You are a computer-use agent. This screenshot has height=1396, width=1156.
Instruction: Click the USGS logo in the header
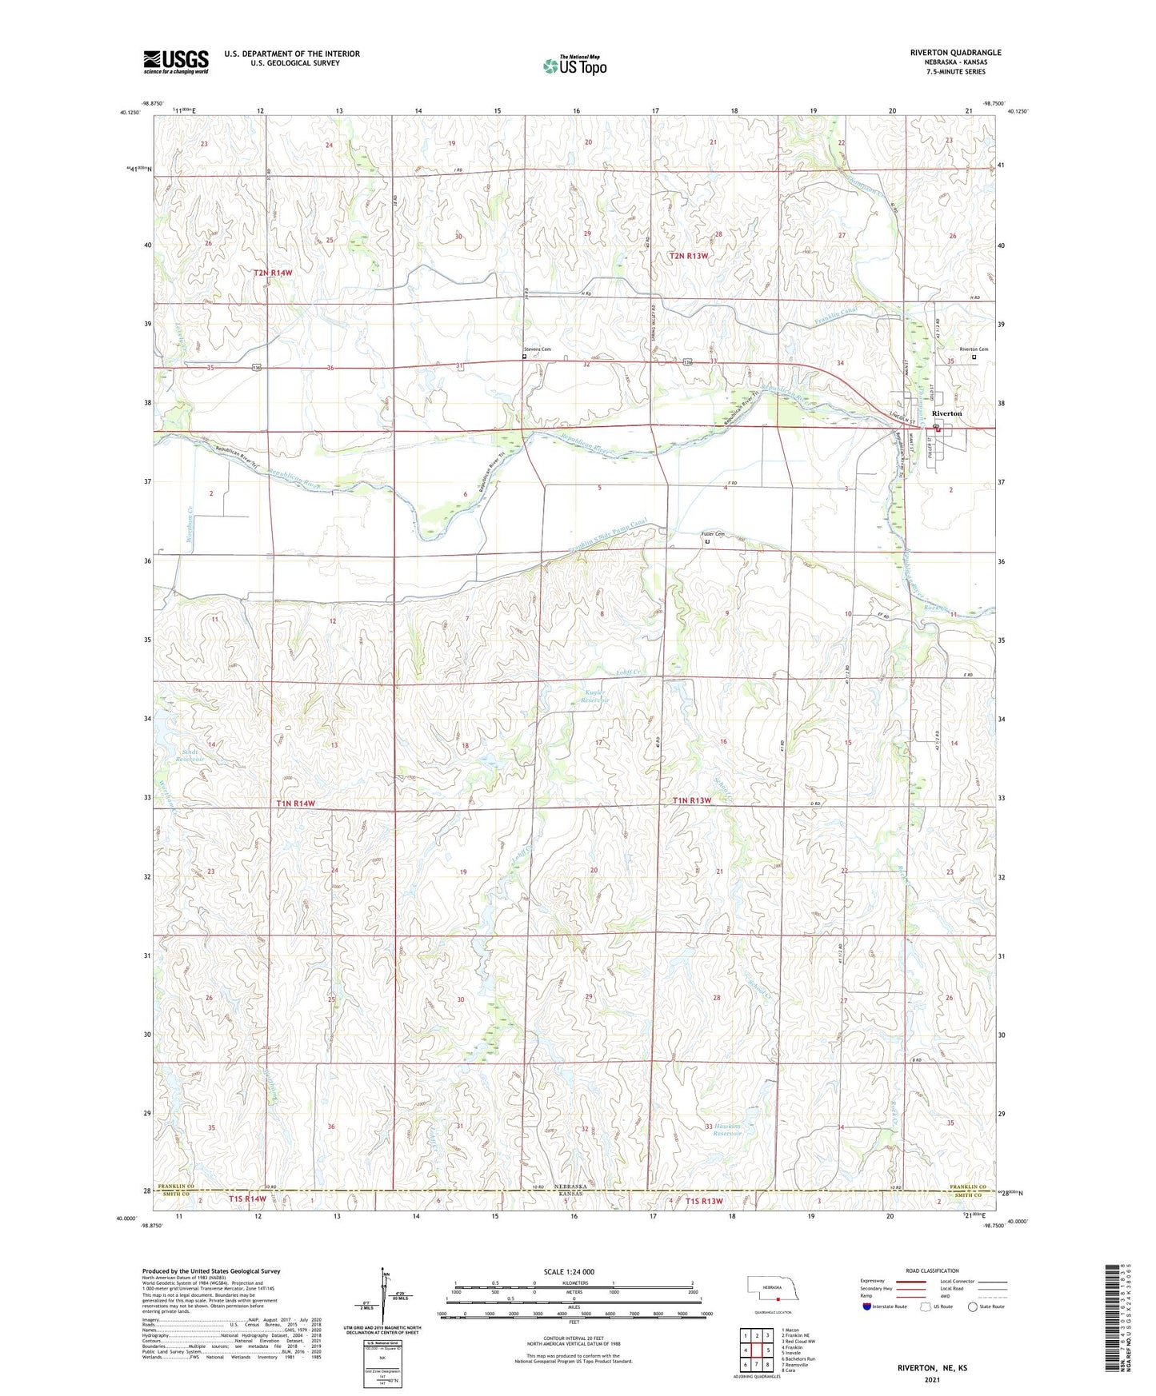point(176,62)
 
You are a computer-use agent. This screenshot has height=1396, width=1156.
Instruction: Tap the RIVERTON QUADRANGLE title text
point(955,53)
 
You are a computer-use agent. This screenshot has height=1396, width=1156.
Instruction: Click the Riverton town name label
point(947,413)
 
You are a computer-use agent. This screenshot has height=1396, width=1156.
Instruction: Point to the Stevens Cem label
point(538,349)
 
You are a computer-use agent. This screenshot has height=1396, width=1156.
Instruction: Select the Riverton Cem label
point(974,349)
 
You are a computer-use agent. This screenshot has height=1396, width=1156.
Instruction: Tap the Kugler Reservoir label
point(594,696)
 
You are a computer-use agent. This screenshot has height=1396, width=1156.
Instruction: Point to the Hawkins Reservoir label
point(727,1130)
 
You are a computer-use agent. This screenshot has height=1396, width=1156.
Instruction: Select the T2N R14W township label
point(274,273)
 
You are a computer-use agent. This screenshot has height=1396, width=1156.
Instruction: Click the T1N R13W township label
point(691,800)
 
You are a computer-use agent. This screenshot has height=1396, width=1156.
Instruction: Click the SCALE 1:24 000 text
point(569,1271)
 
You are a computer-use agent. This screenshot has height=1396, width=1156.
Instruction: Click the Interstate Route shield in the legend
point(867,1306)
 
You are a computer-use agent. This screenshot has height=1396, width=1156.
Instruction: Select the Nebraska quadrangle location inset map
point(771,1289)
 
